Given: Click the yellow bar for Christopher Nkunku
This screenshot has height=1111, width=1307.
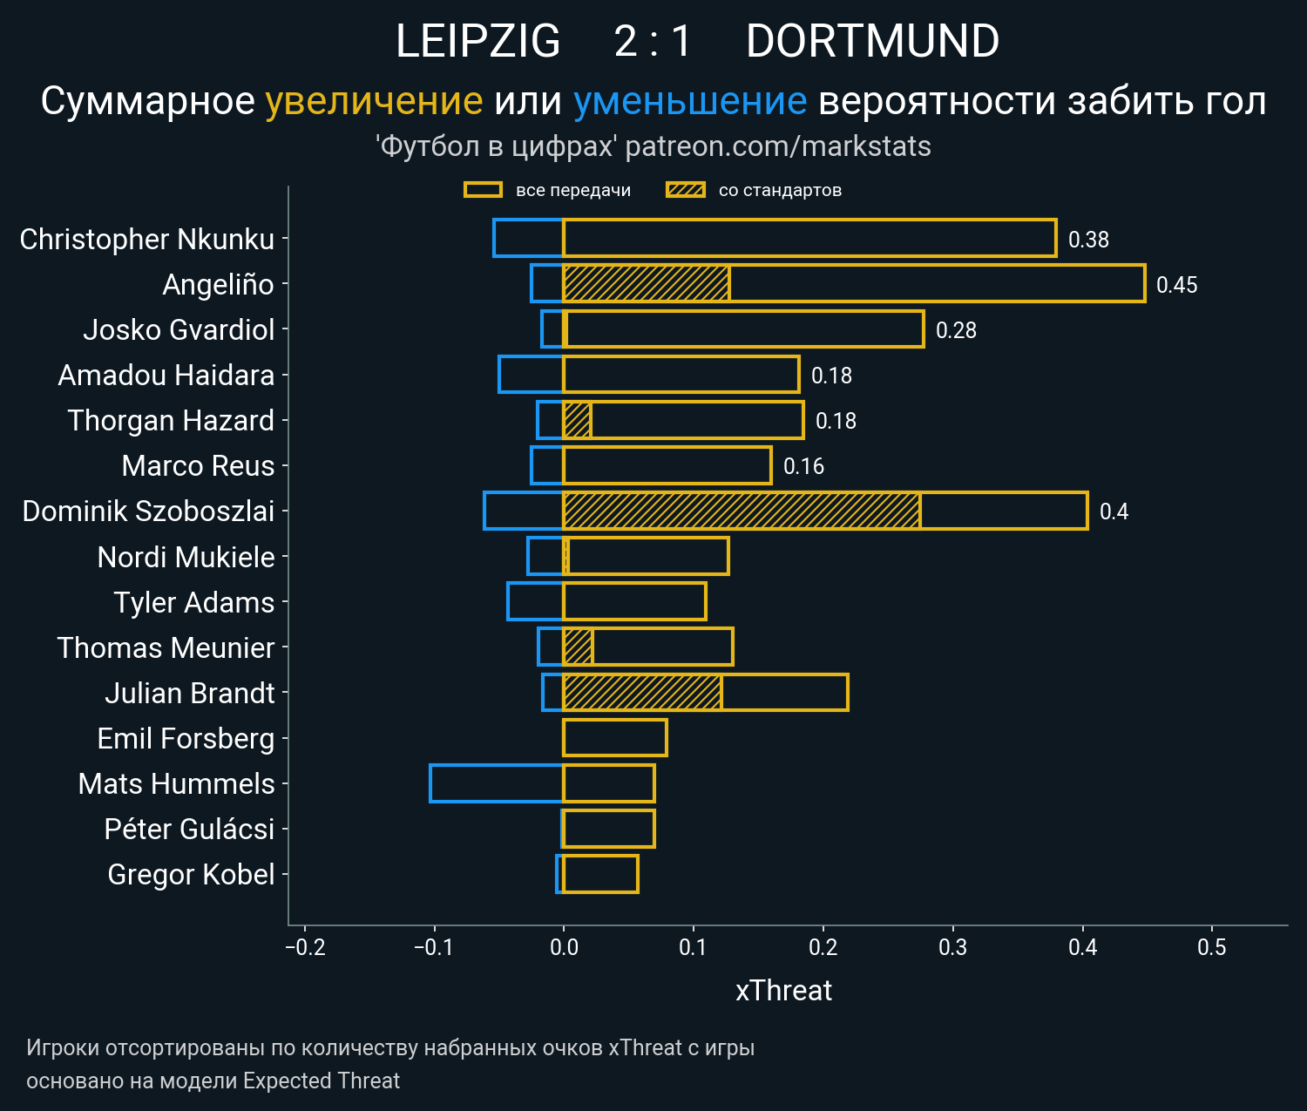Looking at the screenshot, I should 809,238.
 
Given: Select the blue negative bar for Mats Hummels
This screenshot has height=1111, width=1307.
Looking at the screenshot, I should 497,783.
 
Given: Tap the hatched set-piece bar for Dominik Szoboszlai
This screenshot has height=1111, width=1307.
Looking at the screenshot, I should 741,511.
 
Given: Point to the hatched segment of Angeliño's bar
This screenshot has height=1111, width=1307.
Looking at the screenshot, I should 646,283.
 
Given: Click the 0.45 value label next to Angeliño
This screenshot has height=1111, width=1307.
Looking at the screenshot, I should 1176,285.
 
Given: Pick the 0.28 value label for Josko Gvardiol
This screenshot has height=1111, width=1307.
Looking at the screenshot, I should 956,330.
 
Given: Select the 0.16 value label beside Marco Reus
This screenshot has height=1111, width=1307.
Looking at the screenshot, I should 803,466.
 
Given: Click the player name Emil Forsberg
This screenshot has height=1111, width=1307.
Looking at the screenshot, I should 186,739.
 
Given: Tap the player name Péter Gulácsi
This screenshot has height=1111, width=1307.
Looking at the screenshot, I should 189,830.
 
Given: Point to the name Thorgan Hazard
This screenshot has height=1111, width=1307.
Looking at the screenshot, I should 171,421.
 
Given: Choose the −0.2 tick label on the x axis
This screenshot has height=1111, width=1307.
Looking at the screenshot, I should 305,947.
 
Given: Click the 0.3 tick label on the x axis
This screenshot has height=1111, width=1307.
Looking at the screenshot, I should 953,947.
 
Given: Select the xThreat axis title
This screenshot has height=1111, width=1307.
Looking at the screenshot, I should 783,991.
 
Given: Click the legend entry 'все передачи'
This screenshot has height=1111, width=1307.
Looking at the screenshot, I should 572,190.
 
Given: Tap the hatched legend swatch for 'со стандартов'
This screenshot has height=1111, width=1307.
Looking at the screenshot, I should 686,190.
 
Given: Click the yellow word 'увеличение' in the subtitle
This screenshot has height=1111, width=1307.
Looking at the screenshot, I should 374,101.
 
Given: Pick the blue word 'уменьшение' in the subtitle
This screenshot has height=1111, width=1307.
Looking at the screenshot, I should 690,101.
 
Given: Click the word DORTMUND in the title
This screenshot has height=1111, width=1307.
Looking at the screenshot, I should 872,41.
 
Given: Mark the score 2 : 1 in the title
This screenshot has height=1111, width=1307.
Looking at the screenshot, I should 653,41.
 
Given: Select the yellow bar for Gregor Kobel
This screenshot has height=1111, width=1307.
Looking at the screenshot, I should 600,874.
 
